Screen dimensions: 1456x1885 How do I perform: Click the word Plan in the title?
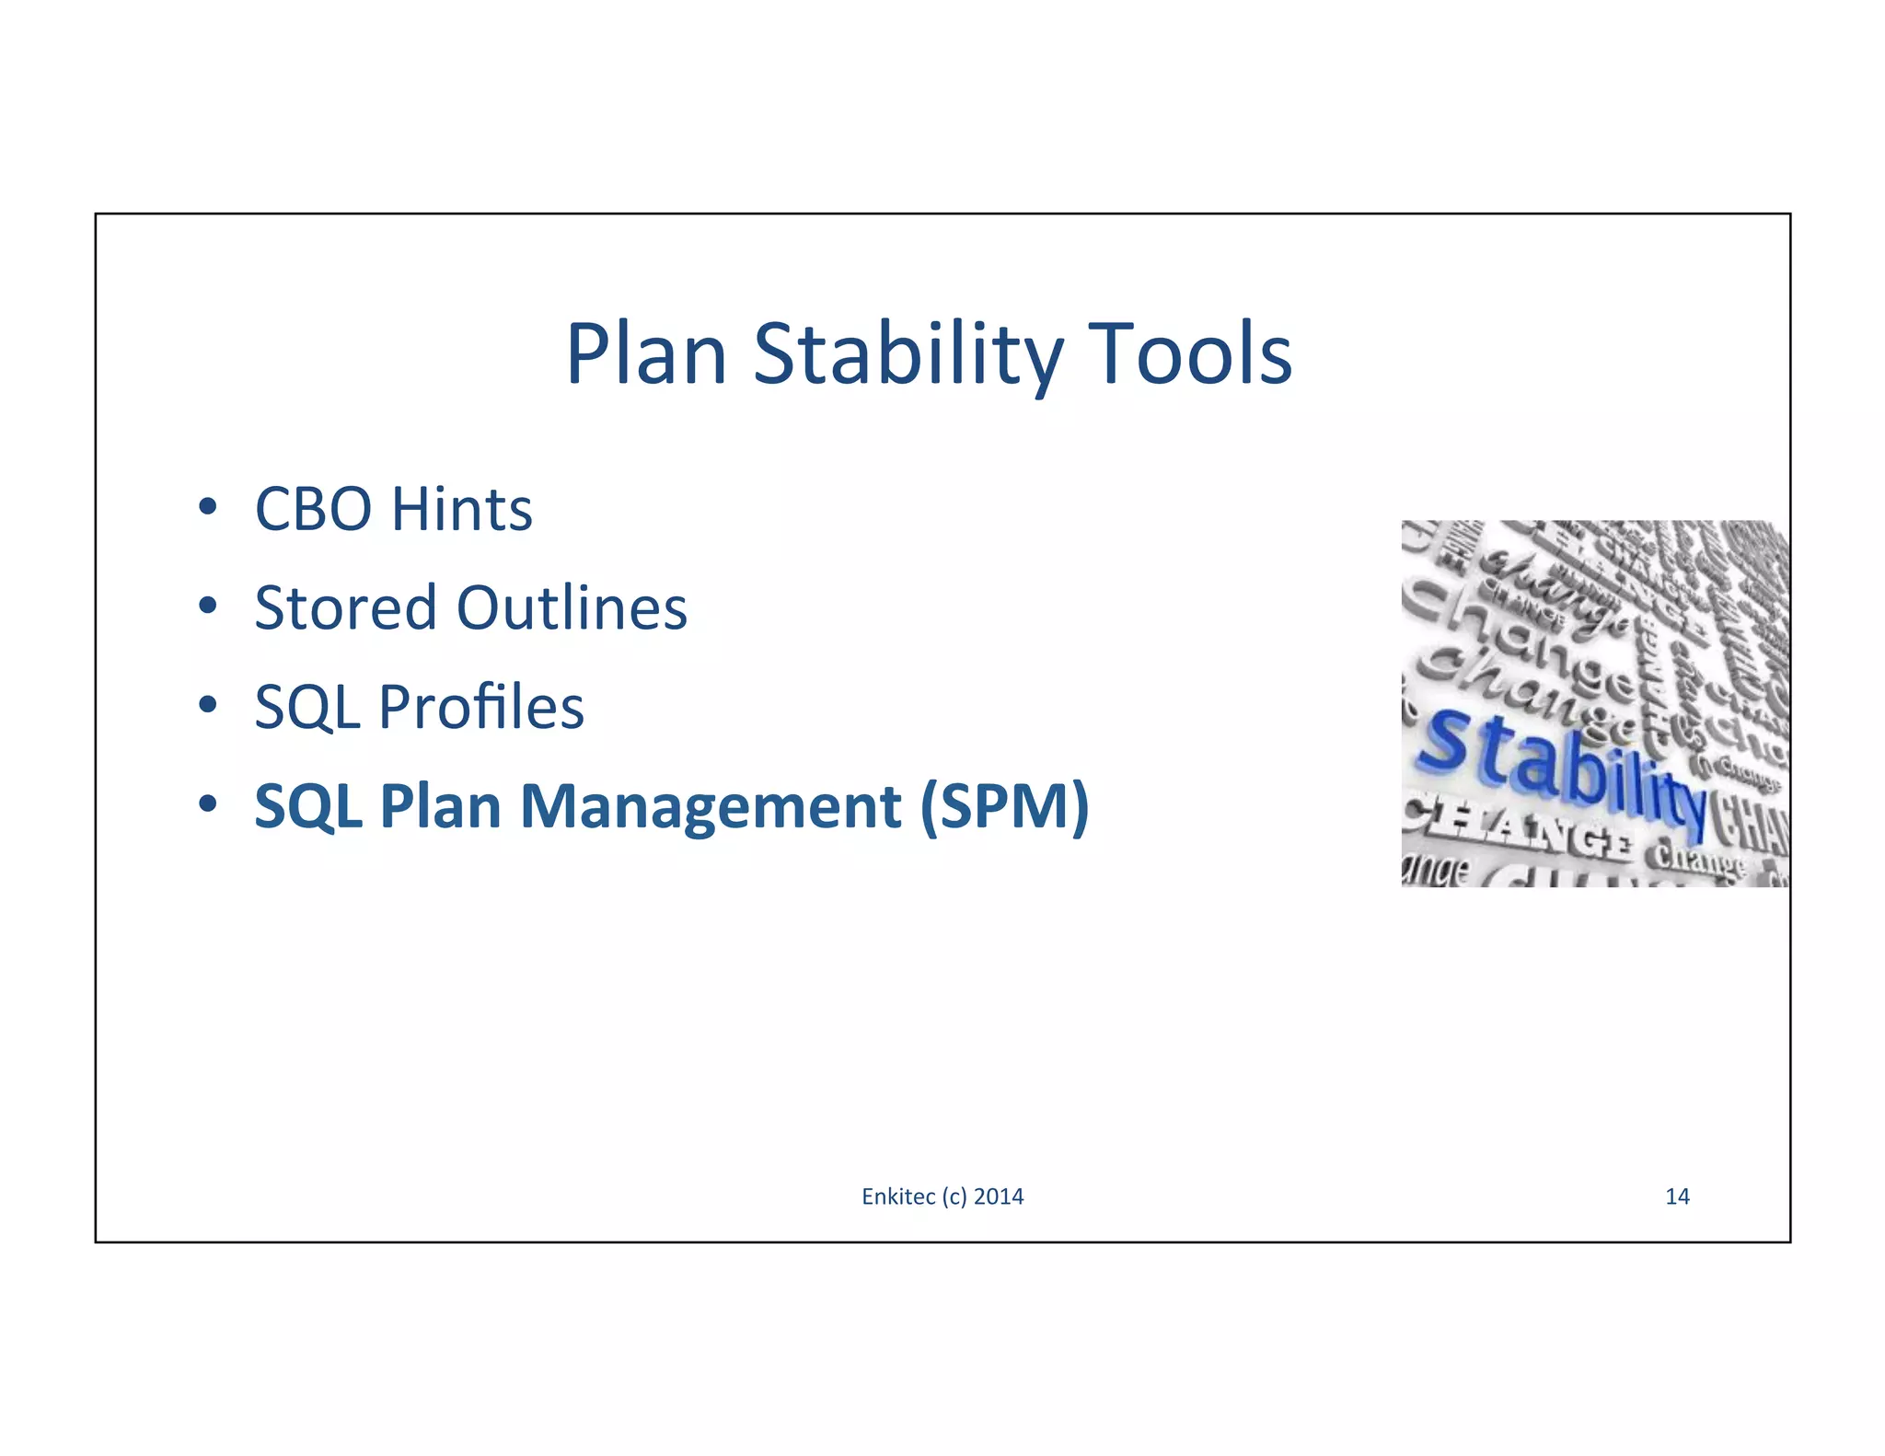point(647,355)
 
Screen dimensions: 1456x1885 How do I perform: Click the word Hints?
point(461,509)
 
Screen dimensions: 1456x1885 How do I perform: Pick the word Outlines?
point(572,608)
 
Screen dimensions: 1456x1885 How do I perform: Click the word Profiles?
point(481,708)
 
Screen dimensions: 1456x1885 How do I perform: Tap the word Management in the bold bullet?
point(711,806)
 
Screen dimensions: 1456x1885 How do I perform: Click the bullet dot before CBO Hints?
point(208,507)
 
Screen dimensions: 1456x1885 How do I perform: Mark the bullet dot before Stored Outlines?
point(208,606)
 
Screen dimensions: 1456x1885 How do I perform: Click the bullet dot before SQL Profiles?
point(208,705)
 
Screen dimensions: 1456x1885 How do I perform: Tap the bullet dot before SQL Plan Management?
point(208,804)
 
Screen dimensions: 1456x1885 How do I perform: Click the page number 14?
point(1677,1196)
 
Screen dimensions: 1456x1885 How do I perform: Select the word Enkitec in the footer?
point(898,1196)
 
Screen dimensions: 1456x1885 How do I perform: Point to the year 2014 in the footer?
point(999,1196)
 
